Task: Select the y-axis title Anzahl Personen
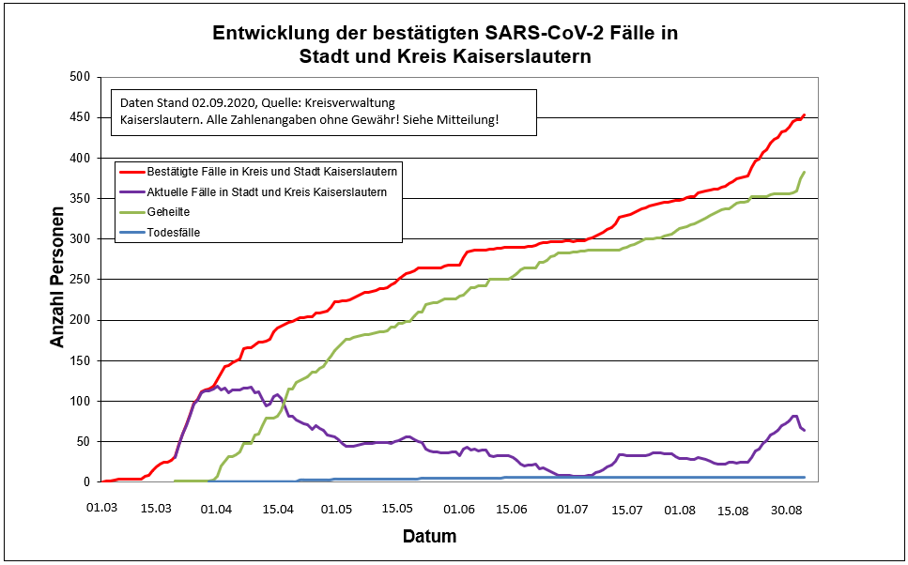(x=58, y=279)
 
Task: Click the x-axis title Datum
(x=429, y=537)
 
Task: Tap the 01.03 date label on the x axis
(x=102, y=509)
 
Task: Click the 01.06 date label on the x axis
(x=459, y=509)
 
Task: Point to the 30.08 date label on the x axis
(x=786, y=509)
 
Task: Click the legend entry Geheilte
(x=168, y=212)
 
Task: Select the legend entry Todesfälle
(x=174, y=232)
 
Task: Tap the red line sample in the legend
(x=131, y=172)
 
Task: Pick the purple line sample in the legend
(x=131, y=192)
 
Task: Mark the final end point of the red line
(x=805, y=115)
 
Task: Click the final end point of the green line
(x=805, y=173)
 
